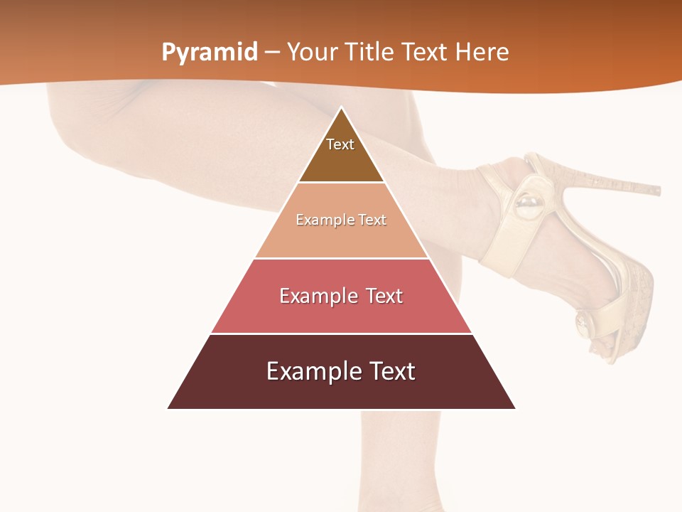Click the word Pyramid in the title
(210, 53)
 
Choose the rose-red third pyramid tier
(341, 313)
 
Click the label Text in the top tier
(340, 144)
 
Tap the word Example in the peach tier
(320, 220)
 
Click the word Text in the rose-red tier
(383, 296)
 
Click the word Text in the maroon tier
(393, 371)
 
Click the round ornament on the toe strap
(584, 324)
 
